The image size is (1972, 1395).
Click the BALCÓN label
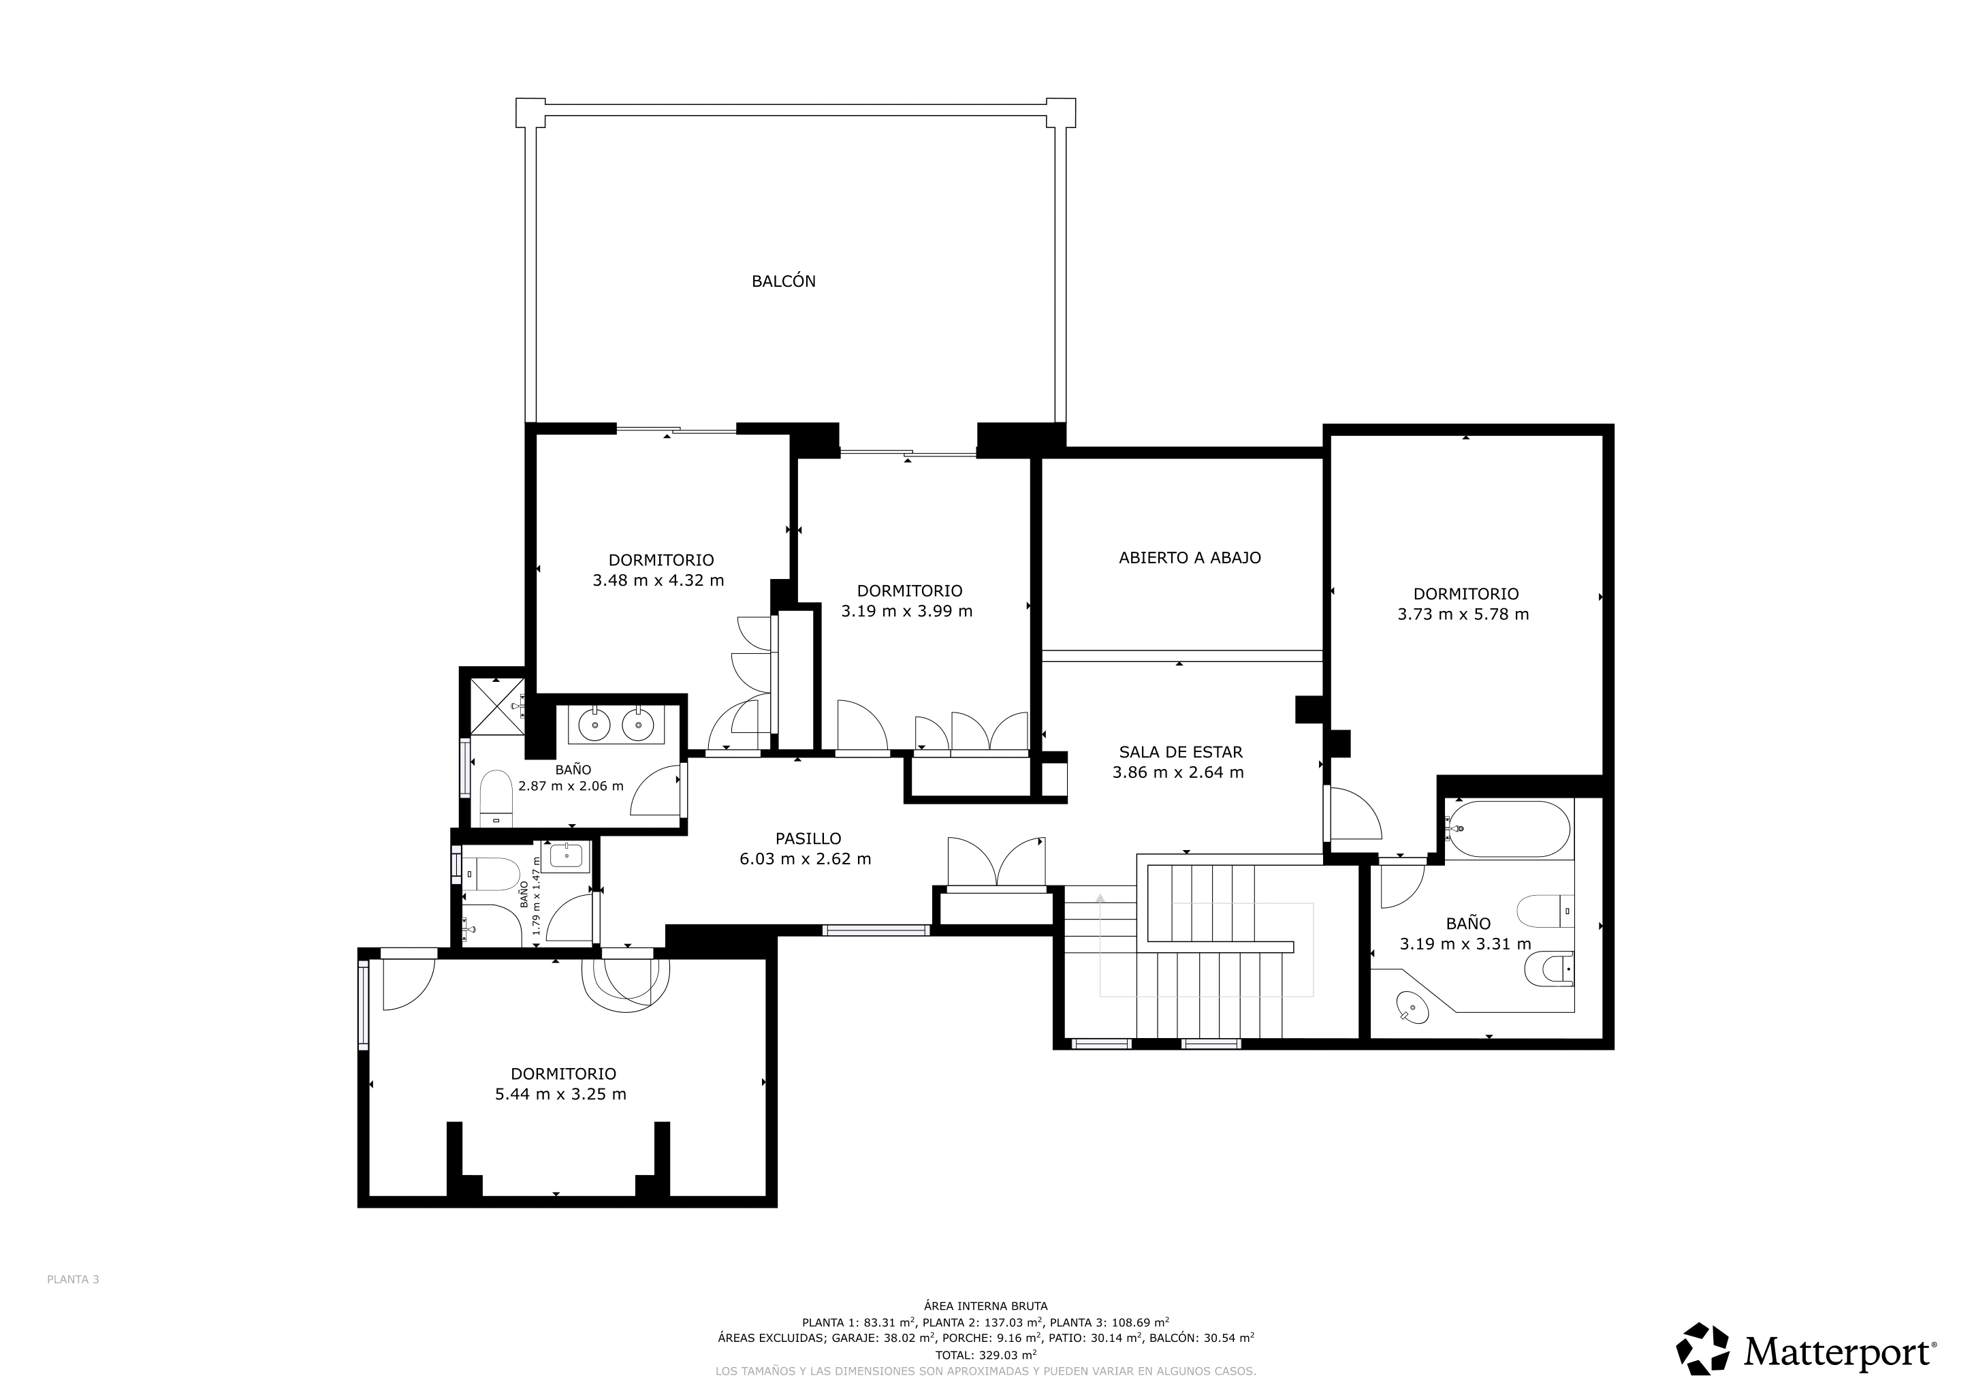tap(783, 281)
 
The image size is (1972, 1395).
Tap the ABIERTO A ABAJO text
tap(1190, 557)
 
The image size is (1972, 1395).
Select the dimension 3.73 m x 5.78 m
tap(1463, 614)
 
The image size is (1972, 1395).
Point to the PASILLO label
tap(808, 838)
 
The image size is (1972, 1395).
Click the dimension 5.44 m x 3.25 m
tap(560, 1095)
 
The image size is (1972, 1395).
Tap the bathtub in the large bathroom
tap(1508, 829)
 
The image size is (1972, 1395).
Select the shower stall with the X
tap(496, 706)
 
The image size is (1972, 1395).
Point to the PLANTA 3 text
tap(73, 1279)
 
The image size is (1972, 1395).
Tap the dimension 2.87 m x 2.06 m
tap(571, 786)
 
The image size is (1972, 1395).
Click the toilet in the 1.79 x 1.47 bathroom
tap(490, 875)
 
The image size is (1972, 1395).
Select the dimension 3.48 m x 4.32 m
tap(658, 580)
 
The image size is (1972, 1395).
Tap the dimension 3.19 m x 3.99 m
tap(906, 612)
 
